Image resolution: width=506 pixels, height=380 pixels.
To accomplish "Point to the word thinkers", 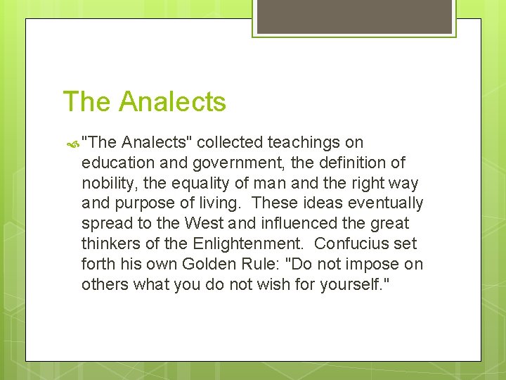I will pos(109,244).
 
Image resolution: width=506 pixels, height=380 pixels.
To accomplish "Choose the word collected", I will pos(230,142).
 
